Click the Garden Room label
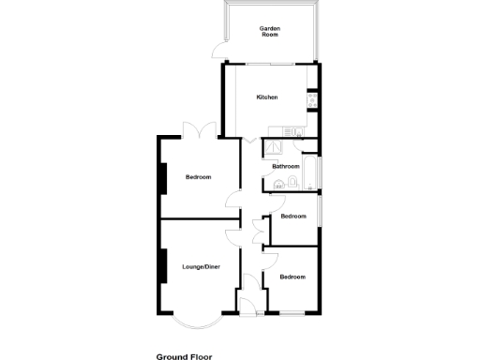point(271,31)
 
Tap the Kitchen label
point(268,97)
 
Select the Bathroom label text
point(286,167)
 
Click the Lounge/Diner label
point(201,267)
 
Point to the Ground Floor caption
point(184,356)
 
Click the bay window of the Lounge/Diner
point(197,322)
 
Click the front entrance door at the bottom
point(248,305)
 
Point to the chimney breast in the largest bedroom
point(164,177)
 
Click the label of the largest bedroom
point(198,177)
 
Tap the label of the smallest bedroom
point(293,217)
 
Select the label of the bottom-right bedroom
point(292,277)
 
